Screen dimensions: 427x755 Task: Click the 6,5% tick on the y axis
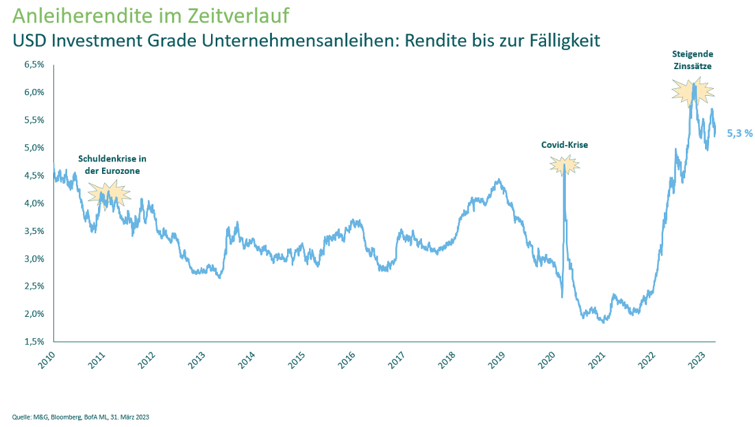click(34, 65)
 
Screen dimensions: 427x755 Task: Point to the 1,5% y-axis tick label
click(34, 341)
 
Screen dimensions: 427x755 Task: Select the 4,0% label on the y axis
click(34, 203)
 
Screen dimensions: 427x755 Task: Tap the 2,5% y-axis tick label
click(34, 286)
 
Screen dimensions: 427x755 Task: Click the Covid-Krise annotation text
click(565, 145)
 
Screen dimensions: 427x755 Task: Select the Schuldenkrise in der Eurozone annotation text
click(112, 164)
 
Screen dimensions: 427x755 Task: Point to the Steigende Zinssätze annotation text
click(692, 60)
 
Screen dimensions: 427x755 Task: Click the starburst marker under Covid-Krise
click(565, 164)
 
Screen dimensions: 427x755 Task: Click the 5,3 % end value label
click(740, 133)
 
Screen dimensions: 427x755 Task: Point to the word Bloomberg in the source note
click(60, 417)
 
